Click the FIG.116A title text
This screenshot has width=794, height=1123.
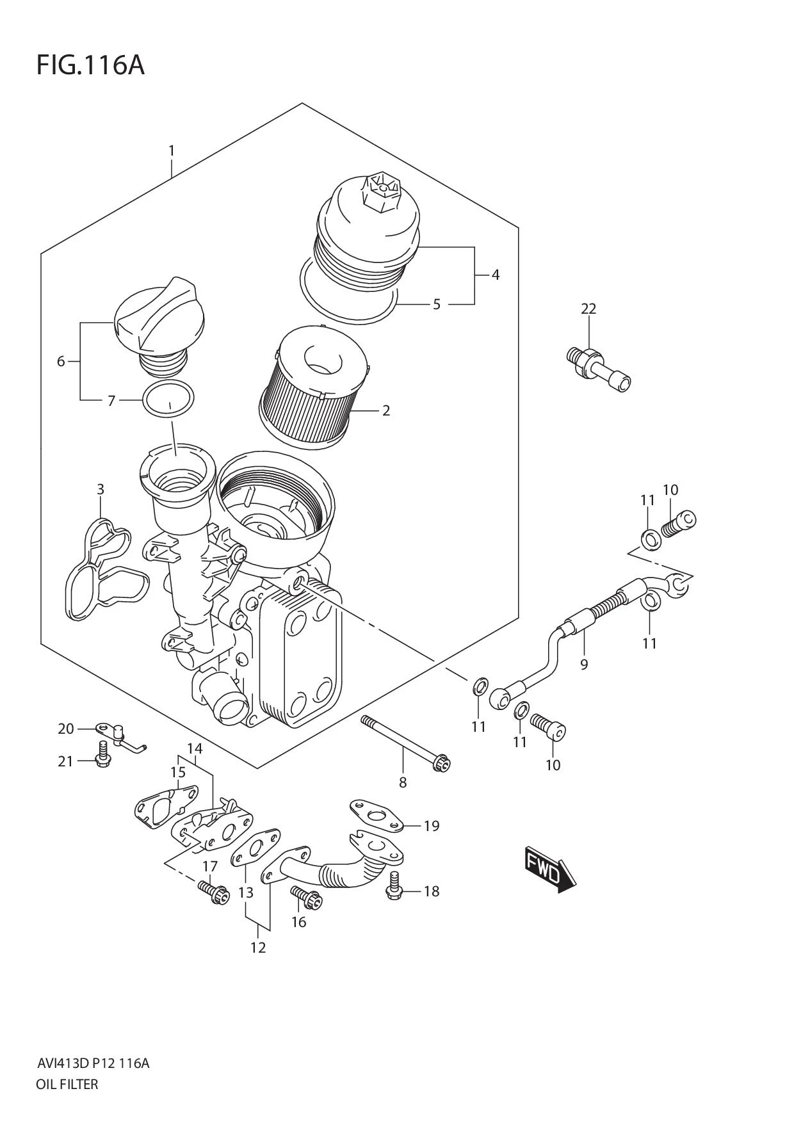90,65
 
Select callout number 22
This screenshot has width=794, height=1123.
588,309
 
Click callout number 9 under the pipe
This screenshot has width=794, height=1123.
583,665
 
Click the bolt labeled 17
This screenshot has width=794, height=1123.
213,892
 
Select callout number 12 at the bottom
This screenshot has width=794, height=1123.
257,948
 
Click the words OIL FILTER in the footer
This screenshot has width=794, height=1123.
67,1084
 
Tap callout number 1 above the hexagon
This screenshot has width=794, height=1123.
171,151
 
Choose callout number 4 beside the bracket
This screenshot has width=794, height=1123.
495,275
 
